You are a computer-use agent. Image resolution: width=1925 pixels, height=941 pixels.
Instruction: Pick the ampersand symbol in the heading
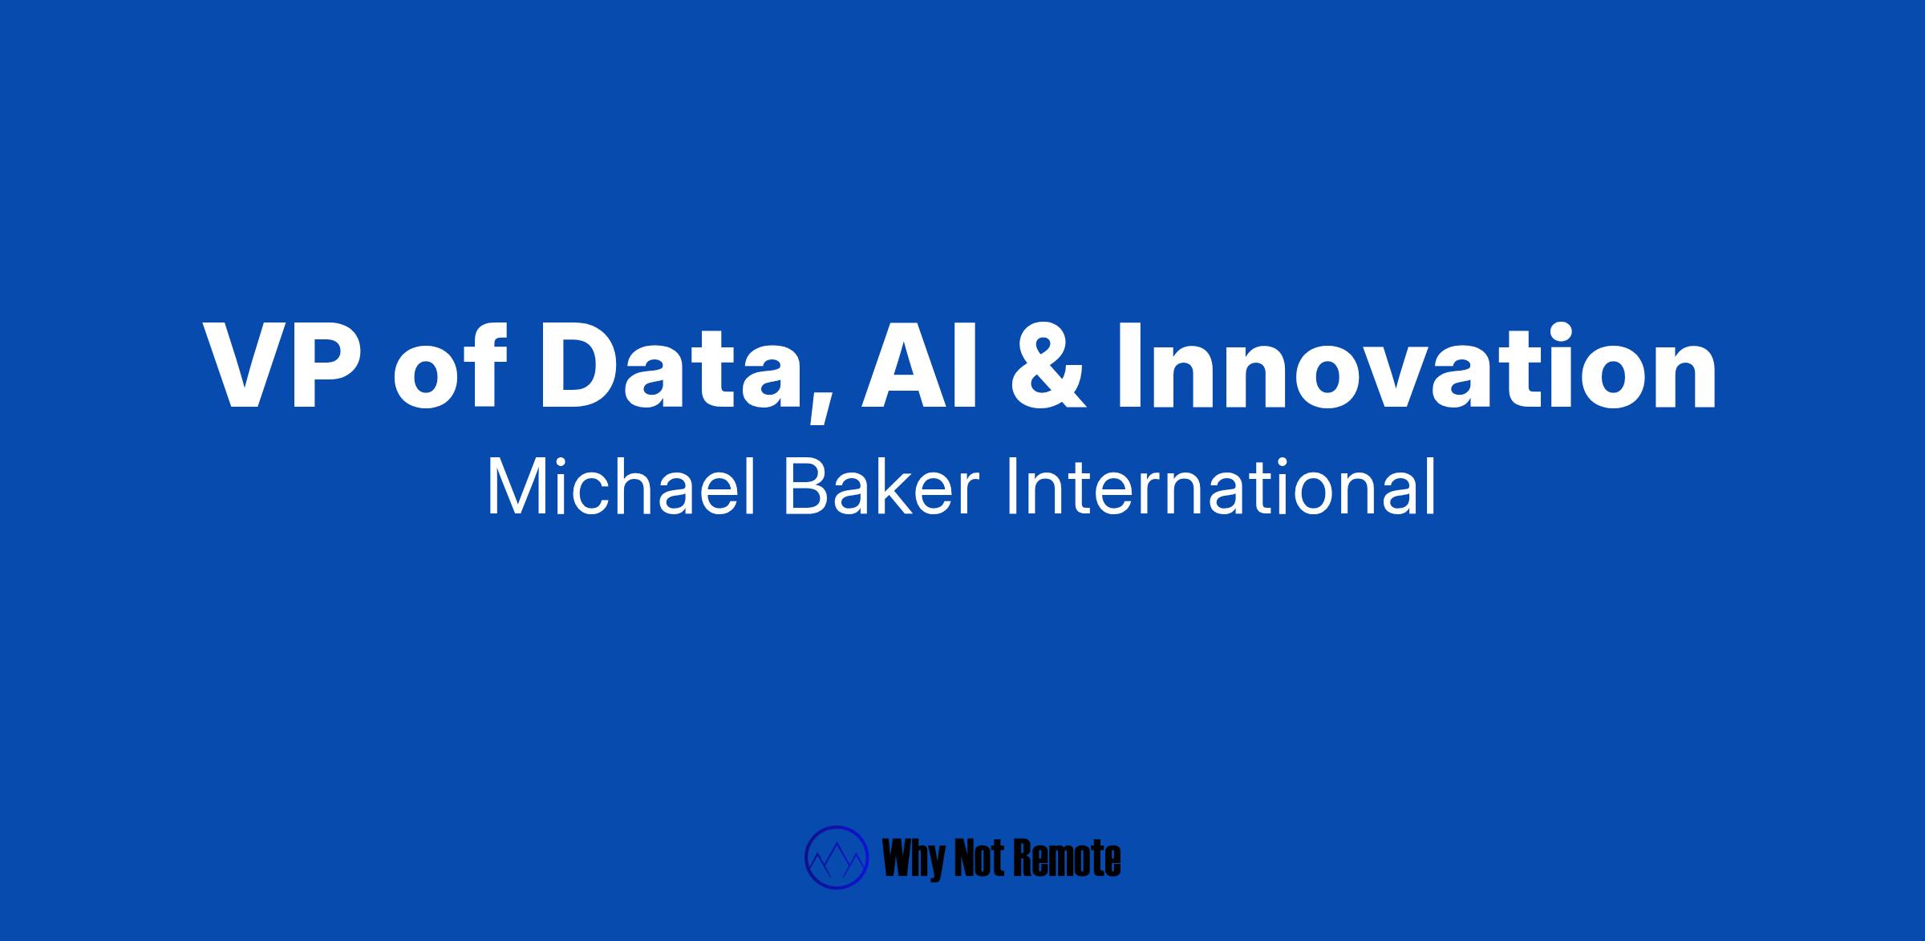click(x=1048, y=367)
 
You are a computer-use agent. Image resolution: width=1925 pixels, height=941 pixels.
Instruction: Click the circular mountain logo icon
click(x=837, y=858)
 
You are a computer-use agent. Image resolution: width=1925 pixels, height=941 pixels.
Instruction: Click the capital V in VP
click(x=245, y=367)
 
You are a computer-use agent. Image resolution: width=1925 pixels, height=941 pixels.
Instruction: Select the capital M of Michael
click(x=513, y=488)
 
